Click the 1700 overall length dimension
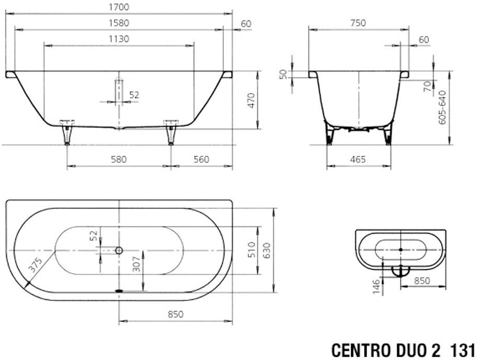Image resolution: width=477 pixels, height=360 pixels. click(x=119, y=7)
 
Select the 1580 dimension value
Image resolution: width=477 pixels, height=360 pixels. click(x=119, y=23)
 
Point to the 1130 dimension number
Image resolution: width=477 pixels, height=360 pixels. click(x=119, y=39)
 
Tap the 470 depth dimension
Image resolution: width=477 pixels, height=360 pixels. click(x=251, y=100)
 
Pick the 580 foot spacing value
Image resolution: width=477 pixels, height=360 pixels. click(x=118, y=160)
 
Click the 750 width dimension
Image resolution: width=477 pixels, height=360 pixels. click(x=358, y=23)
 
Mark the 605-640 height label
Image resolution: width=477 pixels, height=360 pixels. click(x=442, y=107)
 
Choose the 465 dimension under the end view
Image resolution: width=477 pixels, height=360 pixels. click(x=358, y=160)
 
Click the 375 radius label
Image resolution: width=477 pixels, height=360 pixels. click(x=35, y=264)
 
